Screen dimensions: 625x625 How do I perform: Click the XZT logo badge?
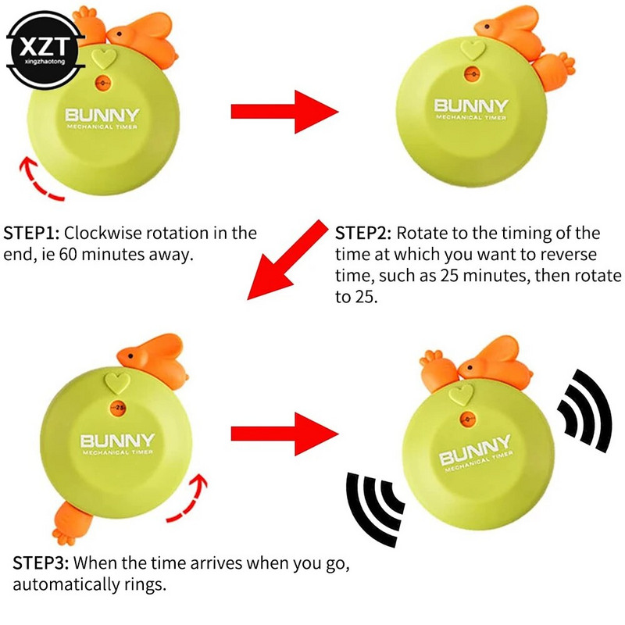(x=45, y=50)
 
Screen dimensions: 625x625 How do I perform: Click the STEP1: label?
(x=31, y=233)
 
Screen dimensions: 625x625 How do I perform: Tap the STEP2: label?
(x=363, y=233)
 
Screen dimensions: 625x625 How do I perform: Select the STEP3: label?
(x=41, y=563)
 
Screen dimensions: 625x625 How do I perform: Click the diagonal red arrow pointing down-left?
(x=287, y=259)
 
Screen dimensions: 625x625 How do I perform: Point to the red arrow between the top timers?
(x=284, y=112)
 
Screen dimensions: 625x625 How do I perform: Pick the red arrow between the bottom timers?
(x=284, y=434)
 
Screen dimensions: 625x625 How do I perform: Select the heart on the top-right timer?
(x=473, y=50)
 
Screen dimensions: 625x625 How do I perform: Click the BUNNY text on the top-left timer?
(x=102, y=115)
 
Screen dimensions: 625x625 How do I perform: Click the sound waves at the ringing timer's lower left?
(x=373, y=509)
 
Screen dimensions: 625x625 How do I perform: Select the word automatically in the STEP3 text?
(x=66, y=584)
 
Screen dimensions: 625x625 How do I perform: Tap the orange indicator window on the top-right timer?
(x=472, y=74)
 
